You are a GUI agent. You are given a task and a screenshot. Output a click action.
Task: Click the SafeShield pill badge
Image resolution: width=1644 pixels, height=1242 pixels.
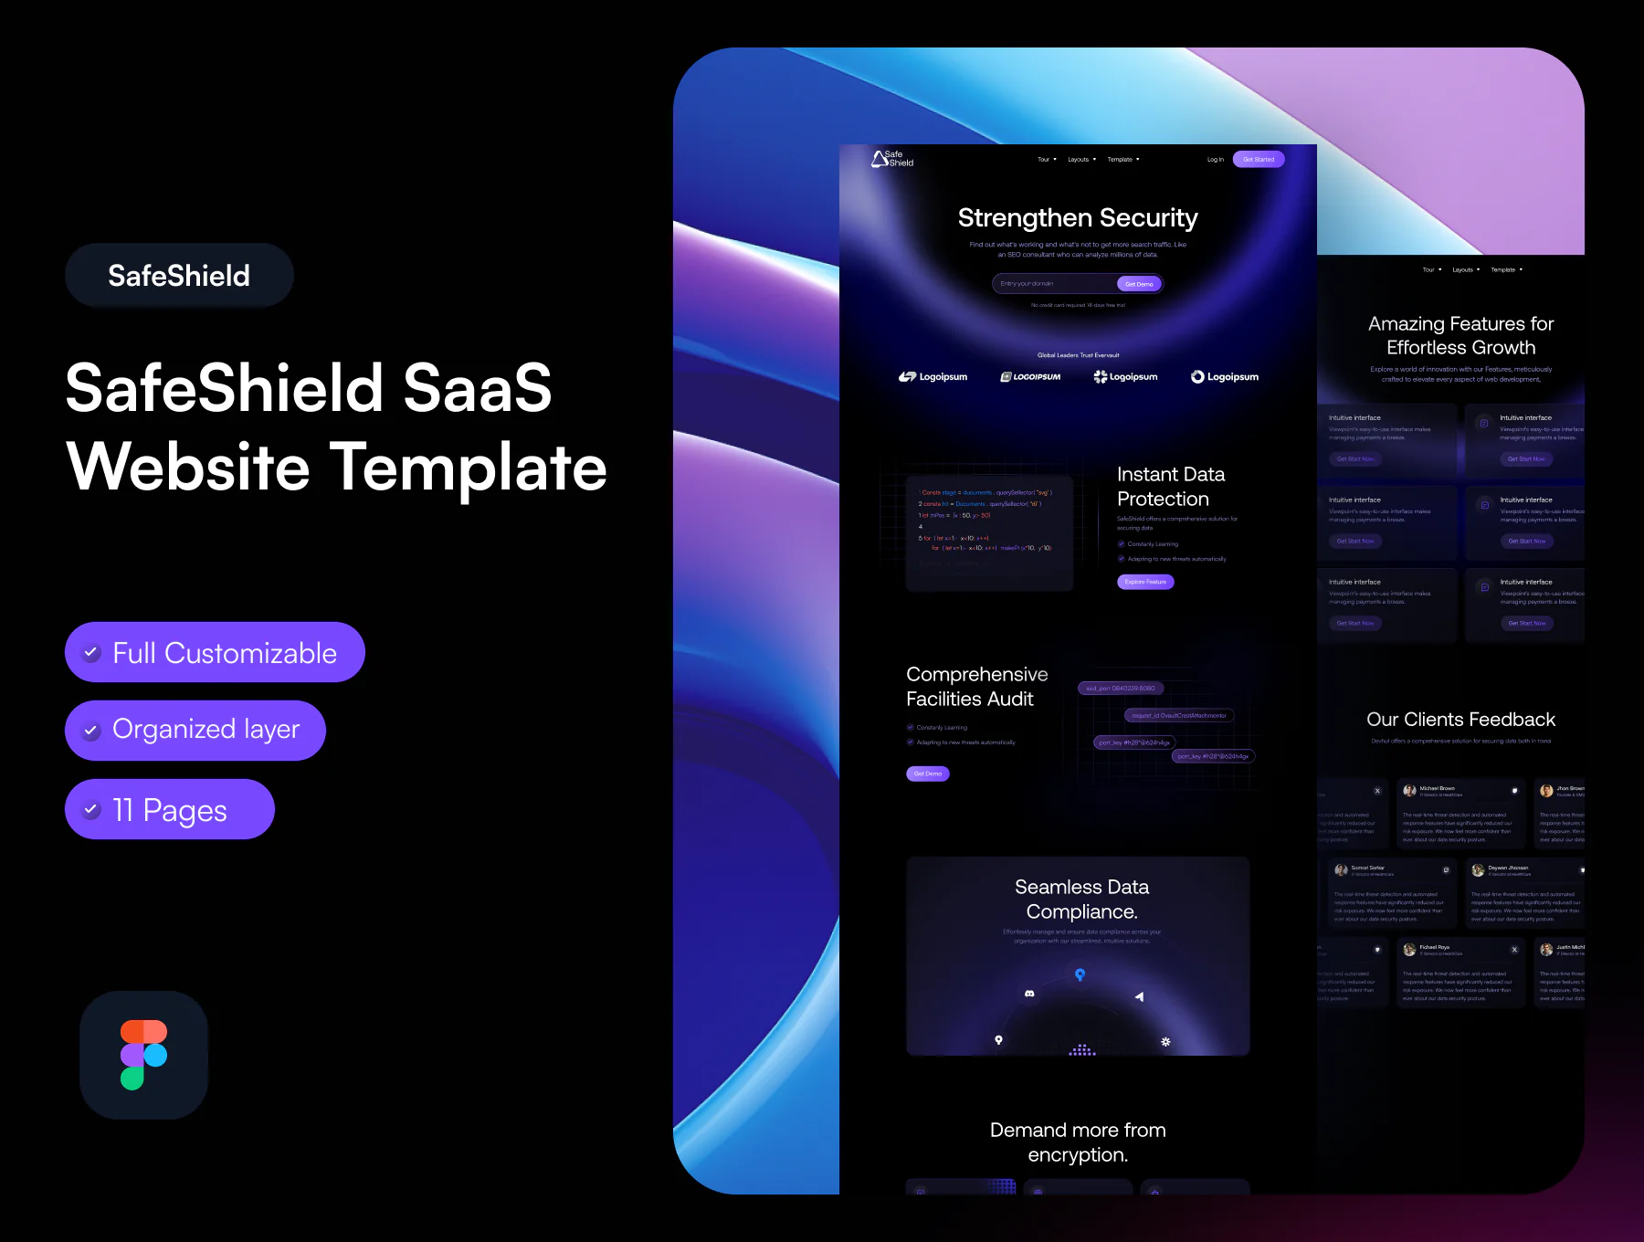click(179, 276)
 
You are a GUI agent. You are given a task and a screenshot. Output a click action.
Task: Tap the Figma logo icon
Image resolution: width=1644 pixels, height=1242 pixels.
click(143, 1055)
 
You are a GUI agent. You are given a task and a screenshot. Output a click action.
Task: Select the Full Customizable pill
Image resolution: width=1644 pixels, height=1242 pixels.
click(215, 652)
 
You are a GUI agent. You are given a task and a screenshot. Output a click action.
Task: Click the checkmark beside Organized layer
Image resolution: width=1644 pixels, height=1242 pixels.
click(91, 731)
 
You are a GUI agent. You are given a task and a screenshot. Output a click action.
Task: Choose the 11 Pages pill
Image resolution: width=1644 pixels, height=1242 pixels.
click(170, 809)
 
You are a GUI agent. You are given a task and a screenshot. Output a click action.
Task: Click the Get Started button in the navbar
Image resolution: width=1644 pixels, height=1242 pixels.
click(1258, 160)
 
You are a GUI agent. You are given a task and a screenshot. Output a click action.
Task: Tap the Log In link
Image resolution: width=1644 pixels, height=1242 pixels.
click(1215, 160)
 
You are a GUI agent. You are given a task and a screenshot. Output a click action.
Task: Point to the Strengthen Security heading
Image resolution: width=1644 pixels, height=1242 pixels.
click(1078, 218)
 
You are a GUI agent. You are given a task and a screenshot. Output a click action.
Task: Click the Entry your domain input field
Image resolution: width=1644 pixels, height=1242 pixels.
click(1052, 284)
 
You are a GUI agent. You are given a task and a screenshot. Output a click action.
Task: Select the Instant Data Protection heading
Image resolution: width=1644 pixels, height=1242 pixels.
click(1171, 487)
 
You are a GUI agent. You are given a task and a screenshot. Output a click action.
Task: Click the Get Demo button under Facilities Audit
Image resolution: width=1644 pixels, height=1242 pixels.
click(927, 774)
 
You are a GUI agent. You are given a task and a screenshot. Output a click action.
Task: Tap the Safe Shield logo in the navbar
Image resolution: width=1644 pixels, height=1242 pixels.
click(892, 159)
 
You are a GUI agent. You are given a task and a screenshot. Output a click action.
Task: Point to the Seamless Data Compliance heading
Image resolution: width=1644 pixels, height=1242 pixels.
click(1081, 900)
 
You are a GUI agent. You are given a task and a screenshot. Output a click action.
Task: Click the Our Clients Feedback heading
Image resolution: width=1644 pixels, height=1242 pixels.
click(1460, 720)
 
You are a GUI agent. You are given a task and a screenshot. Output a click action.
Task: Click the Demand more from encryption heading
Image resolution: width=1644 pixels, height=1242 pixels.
click(1078, 1142)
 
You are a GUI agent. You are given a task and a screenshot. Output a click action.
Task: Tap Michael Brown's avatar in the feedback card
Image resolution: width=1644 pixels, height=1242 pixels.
click(1409, 791)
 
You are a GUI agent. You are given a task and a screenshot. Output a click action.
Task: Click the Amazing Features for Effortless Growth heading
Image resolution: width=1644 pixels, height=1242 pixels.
click(1460, 336)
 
